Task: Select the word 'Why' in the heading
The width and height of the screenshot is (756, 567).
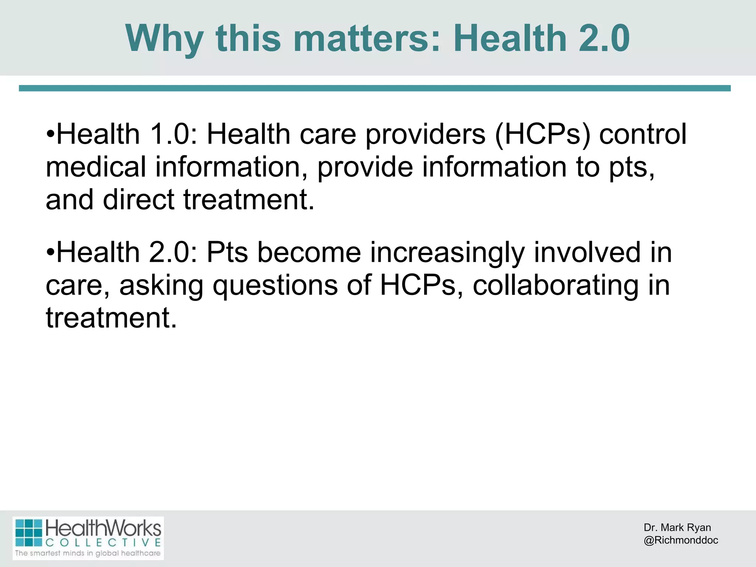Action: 164,39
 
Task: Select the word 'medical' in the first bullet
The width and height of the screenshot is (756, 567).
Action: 96,166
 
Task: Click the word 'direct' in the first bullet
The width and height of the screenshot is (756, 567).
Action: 138,199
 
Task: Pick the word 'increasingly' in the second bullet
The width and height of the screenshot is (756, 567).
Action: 447,253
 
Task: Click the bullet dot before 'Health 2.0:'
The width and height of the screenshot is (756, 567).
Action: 51,253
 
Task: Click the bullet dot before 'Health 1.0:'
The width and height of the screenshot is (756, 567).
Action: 51,135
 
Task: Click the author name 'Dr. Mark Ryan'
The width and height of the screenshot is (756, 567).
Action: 677,528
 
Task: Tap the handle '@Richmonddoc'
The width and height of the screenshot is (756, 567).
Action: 681,540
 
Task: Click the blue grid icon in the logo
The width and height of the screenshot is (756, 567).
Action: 29,533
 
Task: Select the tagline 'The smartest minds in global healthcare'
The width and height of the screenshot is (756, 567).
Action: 88,553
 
